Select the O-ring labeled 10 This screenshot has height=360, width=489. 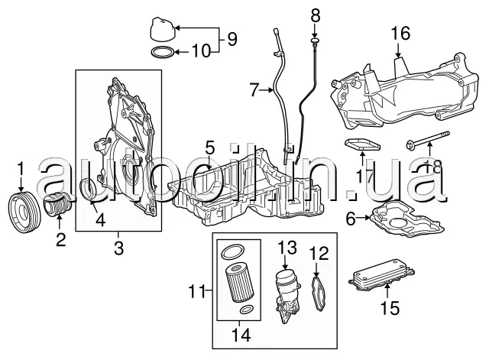click(x=160, y=54)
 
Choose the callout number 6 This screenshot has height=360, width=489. click(x=351, y=219)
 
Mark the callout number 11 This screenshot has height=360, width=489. click(x=196, y=290)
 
